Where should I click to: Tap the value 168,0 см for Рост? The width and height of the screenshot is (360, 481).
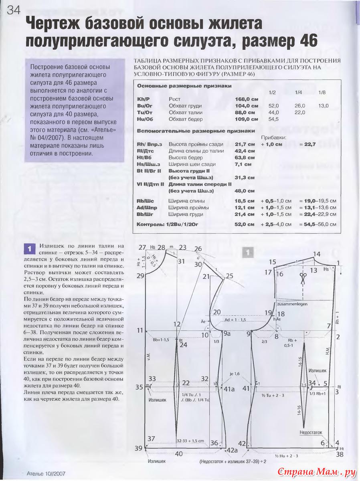tap(246, 99)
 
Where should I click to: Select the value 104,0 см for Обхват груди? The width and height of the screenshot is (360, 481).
tap(246, 106)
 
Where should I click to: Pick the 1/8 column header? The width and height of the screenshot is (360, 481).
tap(322, 93)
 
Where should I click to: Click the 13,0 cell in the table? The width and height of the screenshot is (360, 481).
tap(323, 106)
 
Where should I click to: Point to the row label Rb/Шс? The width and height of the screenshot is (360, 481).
tap(146, 201)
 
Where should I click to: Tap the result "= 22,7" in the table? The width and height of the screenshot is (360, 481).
tap(307, 144)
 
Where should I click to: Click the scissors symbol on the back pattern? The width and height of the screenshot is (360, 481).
tap(302, 276)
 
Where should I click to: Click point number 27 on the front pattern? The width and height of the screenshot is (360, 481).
tap(142, 247)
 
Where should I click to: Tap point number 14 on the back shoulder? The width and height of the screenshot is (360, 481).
tap(317, 254)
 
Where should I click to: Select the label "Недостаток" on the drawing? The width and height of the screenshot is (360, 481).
tap(310, 432)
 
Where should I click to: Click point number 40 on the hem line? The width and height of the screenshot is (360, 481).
tap(179, 454)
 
